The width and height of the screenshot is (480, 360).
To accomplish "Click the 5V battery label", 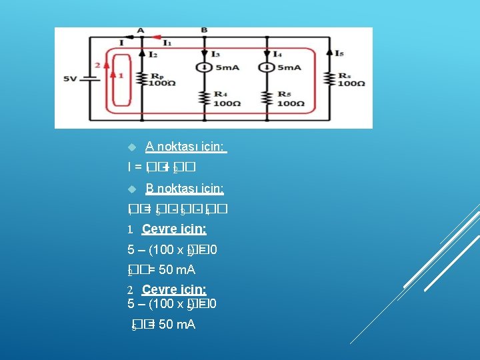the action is tap(71, 79).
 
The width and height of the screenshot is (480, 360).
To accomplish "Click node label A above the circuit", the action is tap(141, 31).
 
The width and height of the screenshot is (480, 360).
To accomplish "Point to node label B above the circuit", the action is tap(204, 31).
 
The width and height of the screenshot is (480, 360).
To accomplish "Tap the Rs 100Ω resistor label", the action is tap(351, 79).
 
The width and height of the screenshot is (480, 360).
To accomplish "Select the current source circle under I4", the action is tap(267, 67).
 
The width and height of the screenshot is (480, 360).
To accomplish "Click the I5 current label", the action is tap(339, 53).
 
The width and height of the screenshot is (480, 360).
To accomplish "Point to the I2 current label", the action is tap(153, 53).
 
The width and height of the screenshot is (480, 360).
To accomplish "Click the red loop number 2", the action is tap(98, 65).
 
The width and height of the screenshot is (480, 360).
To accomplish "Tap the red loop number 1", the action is tap(121, 75).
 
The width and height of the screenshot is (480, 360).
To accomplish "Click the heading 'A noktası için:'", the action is tap(186, 147).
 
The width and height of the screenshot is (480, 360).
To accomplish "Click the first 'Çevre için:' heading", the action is tap(174, 229).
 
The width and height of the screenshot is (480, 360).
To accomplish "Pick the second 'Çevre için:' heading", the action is tap(174, 290).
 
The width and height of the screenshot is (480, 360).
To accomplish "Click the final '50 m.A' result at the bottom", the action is tap(177, 325).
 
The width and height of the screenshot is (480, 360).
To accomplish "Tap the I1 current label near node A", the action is tap(167, 43).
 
